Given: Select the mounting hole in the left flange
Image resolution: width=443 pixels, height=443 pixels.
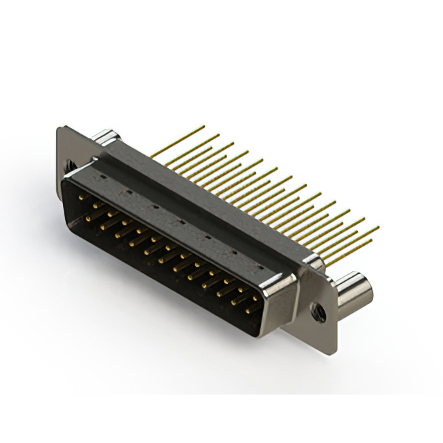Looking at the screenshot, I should (70, 166).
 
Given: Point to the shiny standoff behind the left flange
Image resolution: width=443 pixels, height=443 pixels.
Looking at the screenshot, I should (104, 136).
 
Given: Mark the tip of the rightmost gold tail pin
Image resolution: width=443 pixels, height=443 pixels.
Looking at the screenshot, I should (379, 226).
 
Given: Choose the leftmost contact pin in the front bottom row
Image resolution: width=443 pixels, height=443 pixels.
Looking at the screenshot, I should (90, 218).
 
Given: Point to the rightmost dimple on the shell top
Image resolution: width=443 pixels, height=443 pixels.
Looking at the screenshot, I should (260, 266).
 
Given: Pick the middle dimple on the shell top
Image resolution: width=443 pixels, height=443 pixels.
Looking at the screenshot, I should (179, 221).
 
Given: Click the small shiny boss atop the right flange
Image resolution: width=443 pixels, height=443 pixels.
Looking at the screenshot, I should (313, 262).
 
